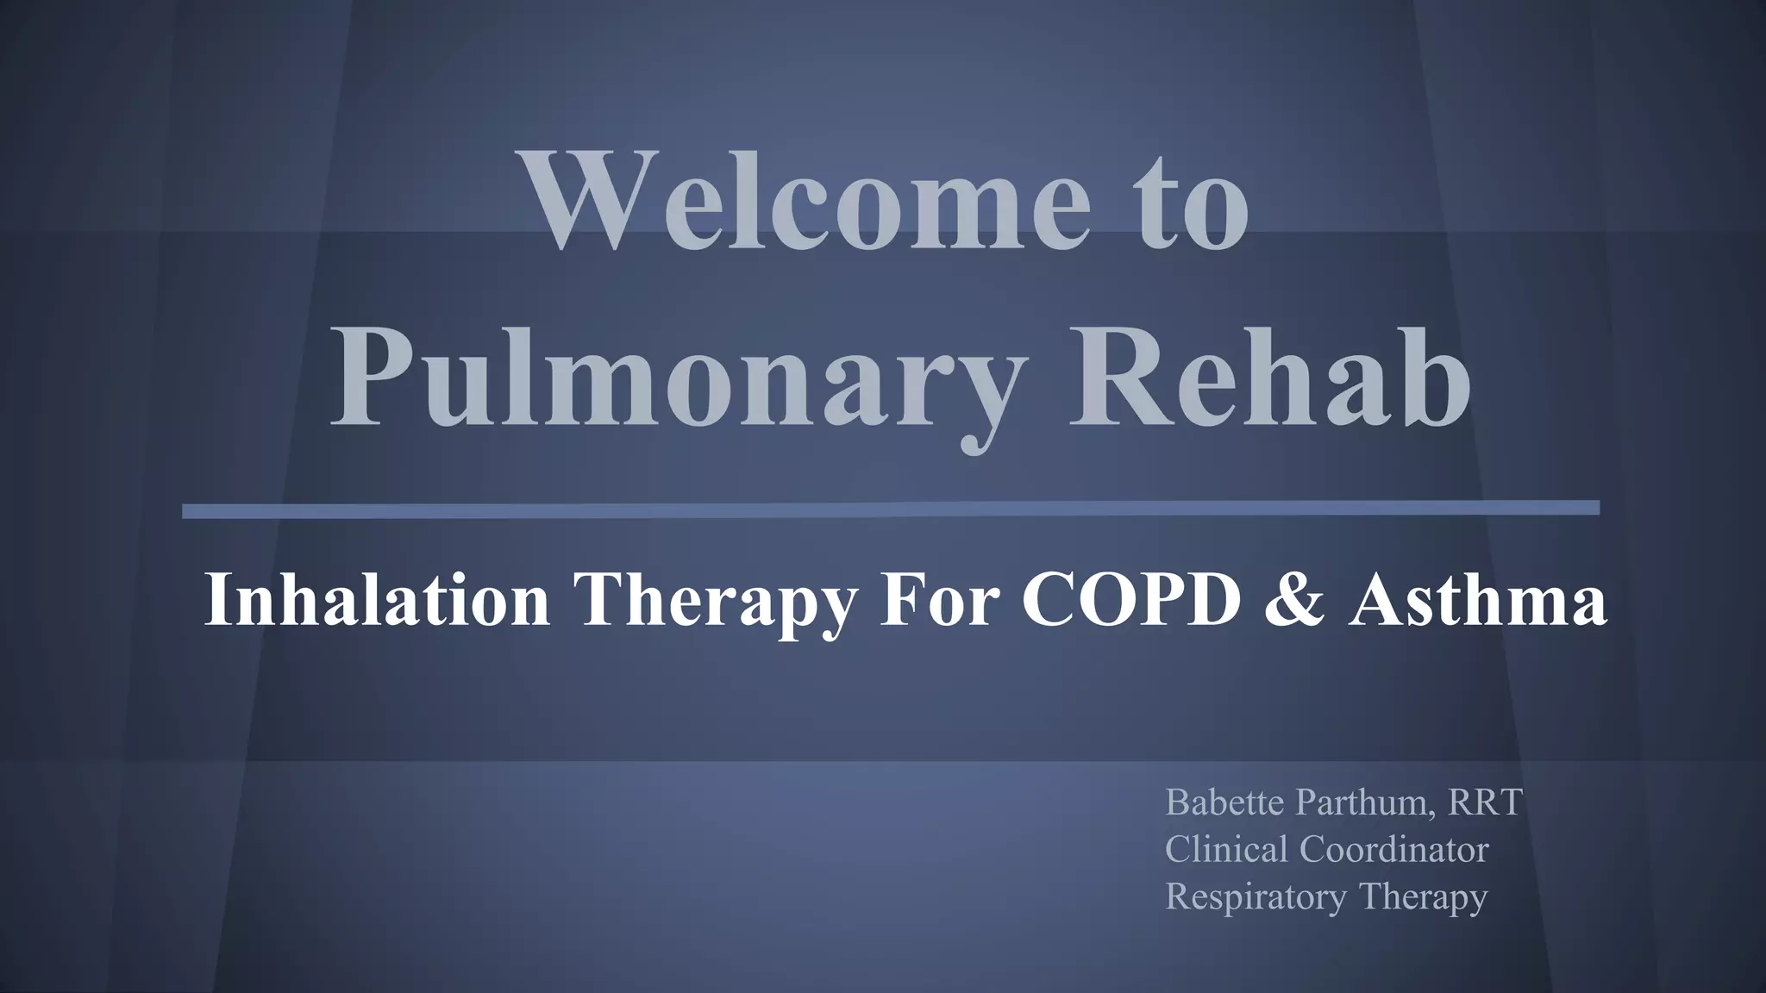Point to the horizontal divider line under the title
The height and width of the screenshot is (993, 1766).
click(x=891, y=509)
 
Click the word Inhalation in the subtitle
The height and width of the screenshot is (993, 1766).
click(x=377, y=600)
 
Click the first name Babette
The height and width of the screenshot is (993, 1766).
click(x=1225, y=803)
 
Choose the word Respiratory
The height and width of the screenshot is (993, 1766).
click(x=1256, y=897)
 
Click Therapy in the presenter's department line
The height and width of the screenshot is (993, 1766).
click(x=1423, y=897)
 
